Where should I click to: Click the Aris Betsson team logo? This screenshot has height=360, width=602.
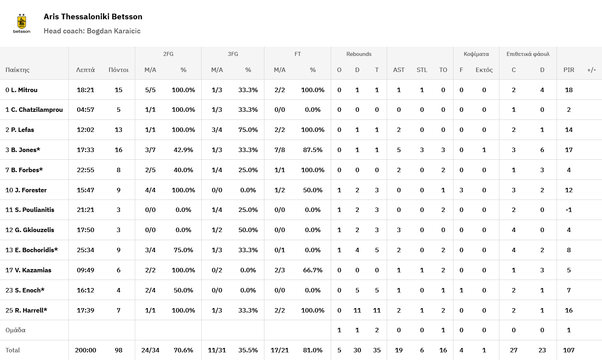click(22, 23)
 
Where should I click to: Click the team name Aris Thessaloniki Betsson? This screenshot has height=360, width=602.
click(93, 16)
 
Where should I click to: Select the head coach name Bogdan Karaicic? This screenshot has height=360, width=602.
click(113, 31)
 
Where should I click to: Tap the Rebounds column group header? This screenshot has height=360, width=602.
click(359, 54)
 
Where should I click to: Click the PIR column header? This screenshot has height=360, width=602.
click(569, 70)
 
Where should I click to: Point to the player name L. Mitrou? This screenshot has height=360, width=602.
click(24, 90)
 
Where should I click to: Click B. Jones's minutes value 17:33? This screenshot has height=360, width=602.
click(85, 150)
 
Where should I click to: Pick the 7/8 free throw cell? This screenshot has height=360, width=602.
click(280, 150)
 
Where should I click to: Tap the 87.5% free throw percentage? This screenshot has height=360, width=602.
click(313, 150)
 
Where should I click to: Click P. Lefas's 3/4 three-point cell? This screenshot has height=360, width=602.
click(217, 130)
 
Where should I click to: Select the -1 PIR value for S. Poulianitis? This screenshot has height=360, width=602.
click(569, 210)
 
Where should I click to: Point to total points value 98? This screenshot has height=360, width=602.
click(118, 350)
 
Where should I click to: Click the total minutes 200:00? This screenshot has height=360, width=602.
click(85, 350)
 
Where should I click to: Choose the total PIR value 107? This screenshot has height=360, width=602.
click(569, 350)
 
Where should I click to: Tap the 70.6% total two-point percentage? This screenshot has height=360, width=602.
click(183, 350)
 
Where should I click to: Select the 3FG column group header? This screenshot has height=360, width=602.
click(233, 54)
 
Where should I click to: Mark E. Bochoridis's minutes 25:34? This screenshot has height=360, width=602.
click(85, 250)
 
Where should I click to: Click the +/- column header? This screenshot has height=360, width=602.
click(591, 70)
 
